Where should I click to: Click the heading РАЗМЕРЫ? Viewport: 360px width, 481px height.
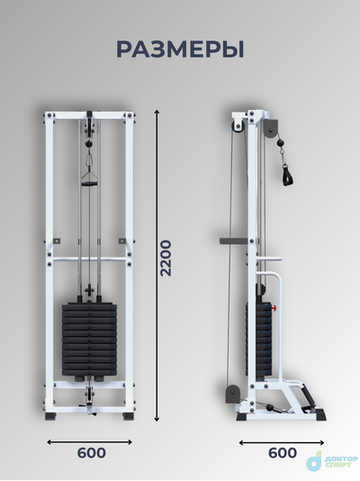point(180,50)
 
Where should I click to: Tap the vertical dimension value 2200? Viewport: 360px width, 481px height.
point(166,259)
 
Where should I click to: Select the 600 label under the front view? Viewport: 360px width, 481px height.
point(91,453)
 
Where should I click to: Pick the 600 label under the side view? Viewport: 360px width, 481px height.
point(283,453)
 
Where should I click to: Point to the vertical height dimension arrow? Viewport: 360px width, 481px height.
point(157,266)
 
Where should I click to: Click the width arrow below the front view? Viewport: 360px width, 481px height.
point(89,442)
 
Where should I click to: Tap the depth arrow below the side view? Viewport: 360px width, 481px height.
point(282,442)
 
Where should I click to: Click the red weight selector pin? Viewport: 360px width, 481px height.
point(274,307)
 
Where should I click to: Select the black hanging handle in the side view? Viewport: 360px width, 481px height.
point(288,175)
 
